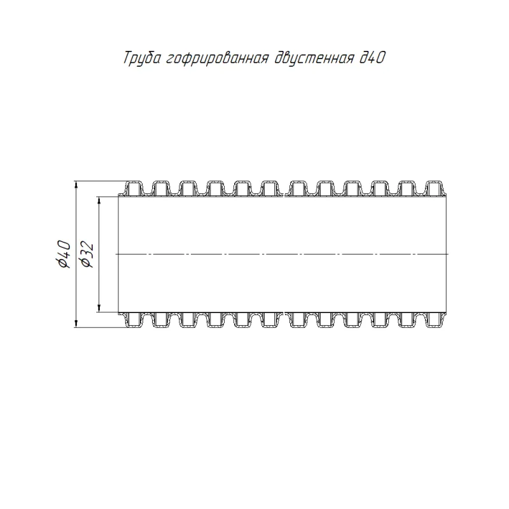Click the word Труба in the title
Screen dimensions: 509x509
coord(142,58)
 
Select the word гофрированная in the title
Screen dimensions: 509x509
coord(218,59)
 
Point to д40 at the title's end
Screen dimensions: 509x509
coord(372,58)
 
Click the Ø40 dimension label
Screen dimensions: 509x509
coord(63,254)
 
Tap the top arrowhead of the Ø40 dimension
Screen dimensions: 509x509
coord(76,185)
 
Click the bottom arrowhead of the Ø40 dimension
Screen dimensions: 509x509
coord(76,323)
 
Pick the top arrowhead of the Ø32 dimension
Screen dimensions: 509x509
coord(99,200)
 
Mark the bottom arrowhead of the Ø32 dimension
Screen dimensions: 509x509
coord(99,308)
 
